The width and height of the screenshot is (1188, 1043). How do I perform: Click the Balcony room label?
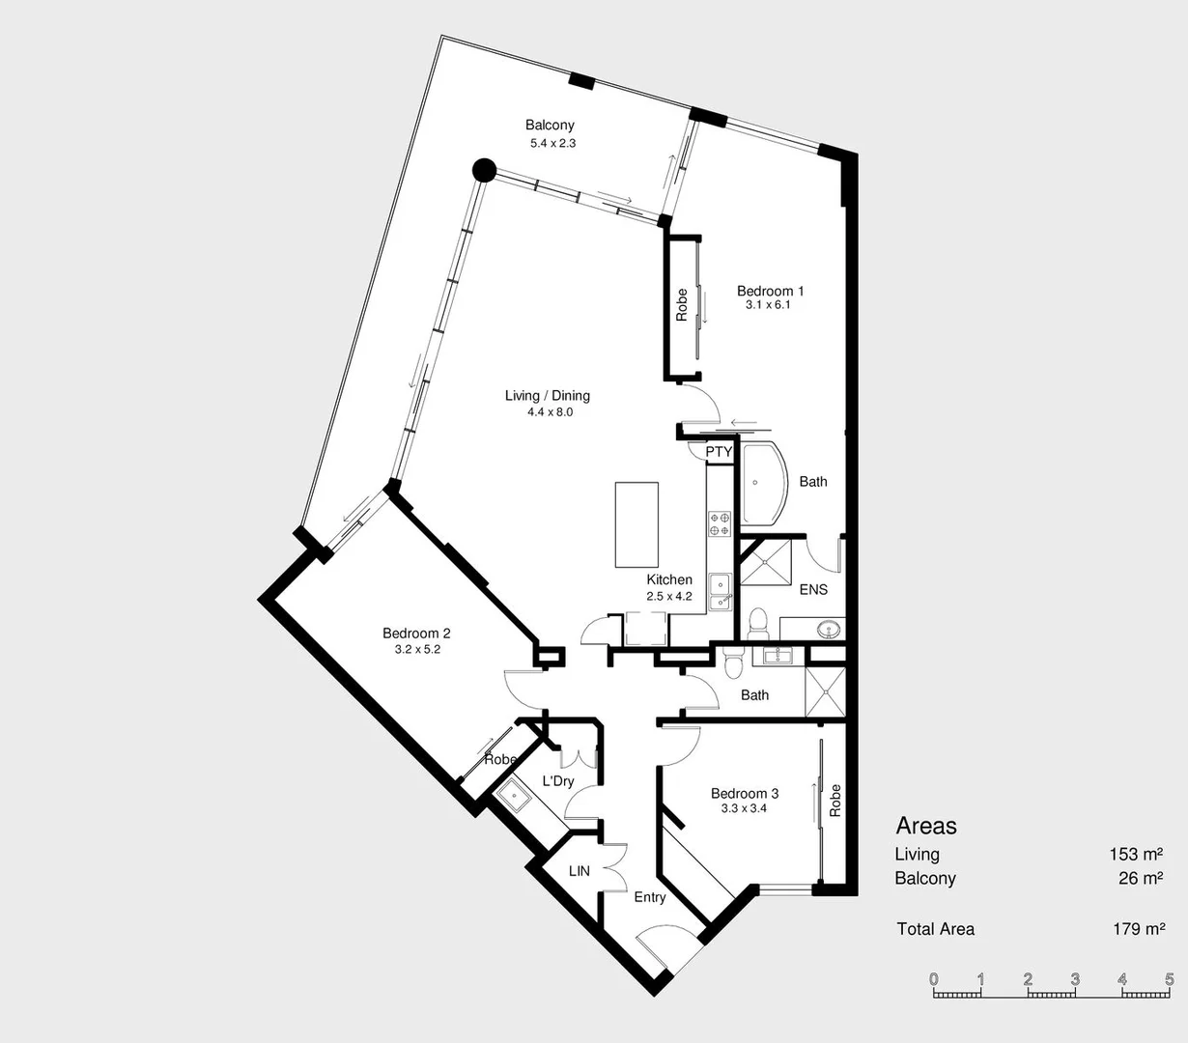point(550,125)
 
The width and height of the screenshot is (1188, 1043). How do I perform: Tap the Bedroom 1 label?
point(770,291)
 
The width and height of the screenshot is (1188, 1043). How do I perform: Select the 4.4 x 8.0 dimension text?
point(550,412)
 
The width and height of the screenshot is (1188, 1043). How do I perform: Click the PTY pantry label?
point(719,452)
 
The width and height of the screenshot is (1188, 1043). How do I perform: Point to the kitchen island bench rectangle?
point(636,525)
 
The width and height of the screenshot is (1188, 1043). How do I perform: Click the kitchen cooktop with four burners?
point(720,523)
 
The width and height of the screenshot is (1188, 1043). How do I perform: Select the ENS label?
point(813,589)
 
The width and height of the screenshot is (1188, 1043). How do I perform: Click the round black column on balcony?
point(483,172)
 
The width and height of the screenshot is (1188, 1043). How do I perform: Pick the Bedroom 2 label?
point(416,634)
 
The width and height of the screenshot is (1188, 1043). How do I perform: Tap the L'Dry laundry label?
point(557,781)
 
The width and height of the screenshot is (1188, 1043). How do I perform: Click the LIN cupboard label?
point(579,871)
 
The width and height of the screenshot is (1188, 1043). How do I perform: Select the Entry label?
point(650,897)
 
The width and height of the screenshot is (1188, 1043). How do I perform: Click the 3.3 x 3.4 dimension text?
point(744,808)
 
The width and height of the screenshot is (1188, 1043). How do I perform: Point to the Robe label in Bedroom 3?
point(835,800)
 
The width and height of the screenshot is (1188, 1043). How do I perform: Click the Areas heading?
point(926,826)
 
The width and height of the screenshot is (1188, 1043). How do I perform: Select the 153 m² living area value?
point(1136,854)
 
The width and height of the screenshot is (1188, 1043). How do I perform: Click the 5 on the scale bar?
point(1170,979)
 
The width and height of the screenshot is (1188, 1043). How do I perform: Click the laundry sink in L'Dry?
point(512,798)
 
